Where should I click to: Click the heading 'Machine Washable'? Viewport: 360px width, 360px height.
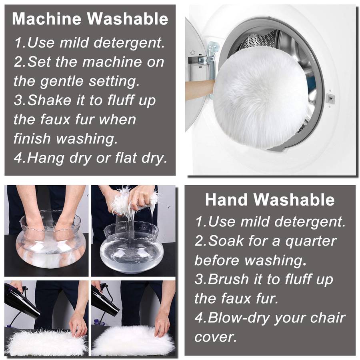[90, 18]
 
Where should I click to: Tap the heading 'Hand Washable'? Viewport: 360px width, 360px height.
[270, 200]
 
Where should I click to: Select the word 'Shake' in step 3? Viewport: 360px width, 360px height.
[49, 100]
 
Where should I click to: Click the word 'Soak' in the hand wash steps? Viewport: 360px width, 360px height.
[226, 241]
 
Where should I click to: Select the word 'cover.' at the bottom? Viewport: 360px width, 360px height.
[215, 337]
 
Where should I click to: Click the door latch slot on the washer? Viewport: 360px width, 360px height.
[330, 99]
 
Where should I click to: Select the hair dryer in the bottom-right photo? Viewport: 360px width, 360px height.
[105, 298]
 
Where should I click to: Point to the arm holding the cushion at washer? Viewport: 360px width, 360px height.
[200, 90]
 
